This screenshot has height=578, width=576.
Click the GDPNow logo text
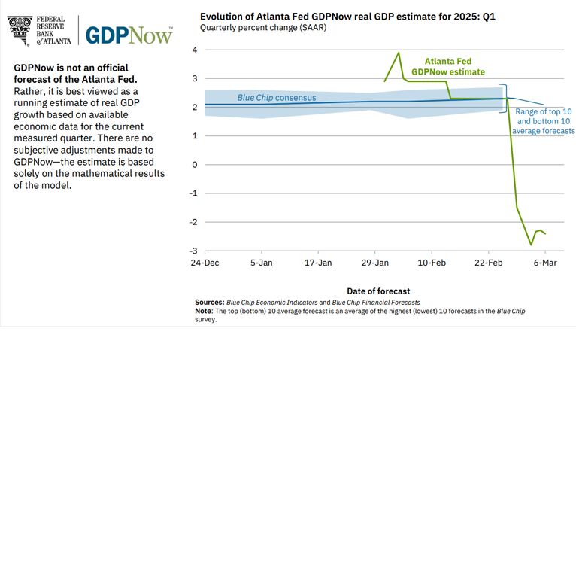point(129,35)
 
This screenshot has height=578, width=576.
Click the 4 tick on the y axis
point(194,50)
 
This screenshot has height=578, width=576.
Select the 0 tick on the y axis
point(194,165)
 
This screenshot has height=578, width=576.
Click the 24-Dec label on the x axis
point(205,263)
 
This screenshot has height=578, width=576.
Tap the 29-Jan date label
point(375,263)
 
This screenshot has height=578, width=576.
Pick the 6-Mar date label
point(545,263)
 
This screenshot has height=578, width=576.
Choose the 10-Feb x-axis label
point(432,263)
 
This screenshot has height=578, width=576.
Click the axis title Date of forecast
point(378,291)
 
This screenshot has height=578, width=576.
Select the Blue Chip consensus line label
point(277,98)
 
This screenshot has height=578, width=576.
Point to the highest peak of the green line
point(398,53)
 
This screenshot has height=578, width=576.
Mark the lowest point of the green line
point(531,245)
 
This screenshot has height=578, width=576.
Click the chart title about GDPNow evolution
point(347,16)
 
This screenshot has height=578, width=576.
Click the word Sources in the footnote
point(209,302)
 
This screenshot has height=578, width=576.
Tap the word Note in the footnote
point(203,310)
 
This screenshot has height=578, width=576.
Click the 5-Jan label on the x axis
point(262,263)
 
